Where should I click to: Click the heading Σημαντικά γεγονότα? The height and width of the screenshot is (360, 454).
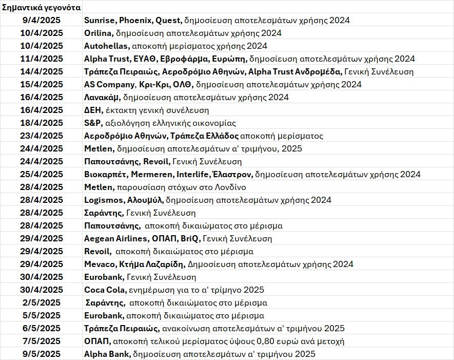pos(41,8)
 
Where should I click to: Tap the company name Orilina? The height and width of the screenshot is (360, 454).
pos(97,33)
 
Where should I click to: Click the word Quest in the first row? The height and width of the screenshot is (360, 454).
pos(169,21)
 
